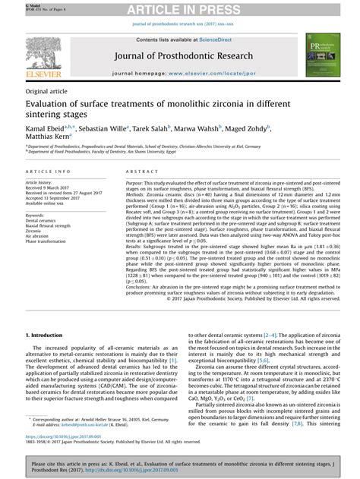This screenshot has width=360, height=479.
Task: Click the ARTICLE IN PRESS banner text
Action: point(180,8)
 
